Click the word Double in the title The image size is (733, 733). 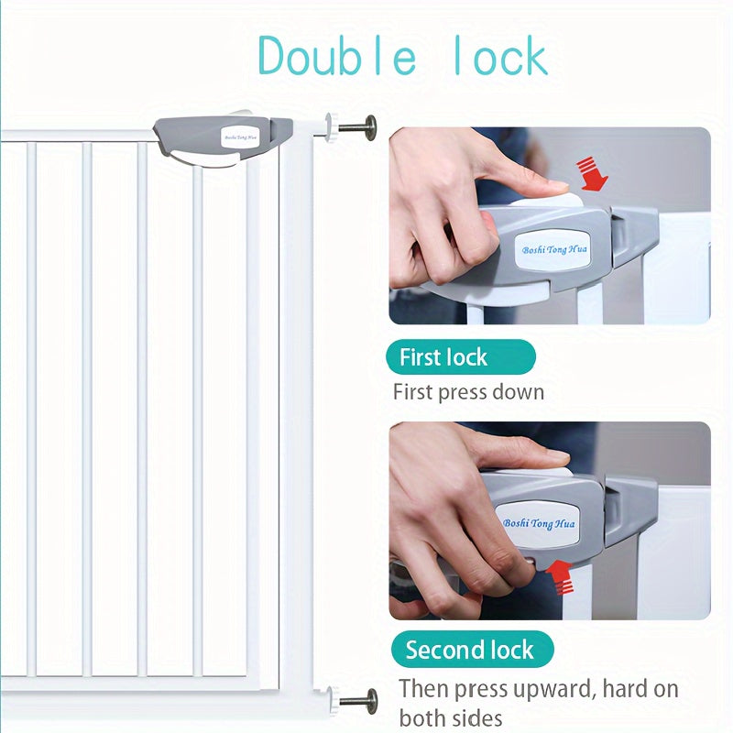(337, 56)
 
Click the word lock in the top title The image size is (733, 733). (501, 56)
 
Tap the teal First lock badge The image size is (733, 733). (461, 357)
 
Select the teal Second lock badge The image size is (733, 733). (472, 650)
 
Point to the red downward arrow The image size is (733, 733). (592, 174)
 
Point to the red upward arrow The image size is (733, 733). (561, 577)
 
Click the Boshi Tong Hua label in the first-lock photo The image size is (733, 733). (554, 249)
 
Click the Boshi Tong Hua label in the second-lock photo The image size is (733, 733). (539, 523)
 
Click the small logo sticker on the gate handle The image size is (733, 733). (239, 137)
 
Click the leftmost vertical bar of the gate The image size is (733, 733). (31, 409)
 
